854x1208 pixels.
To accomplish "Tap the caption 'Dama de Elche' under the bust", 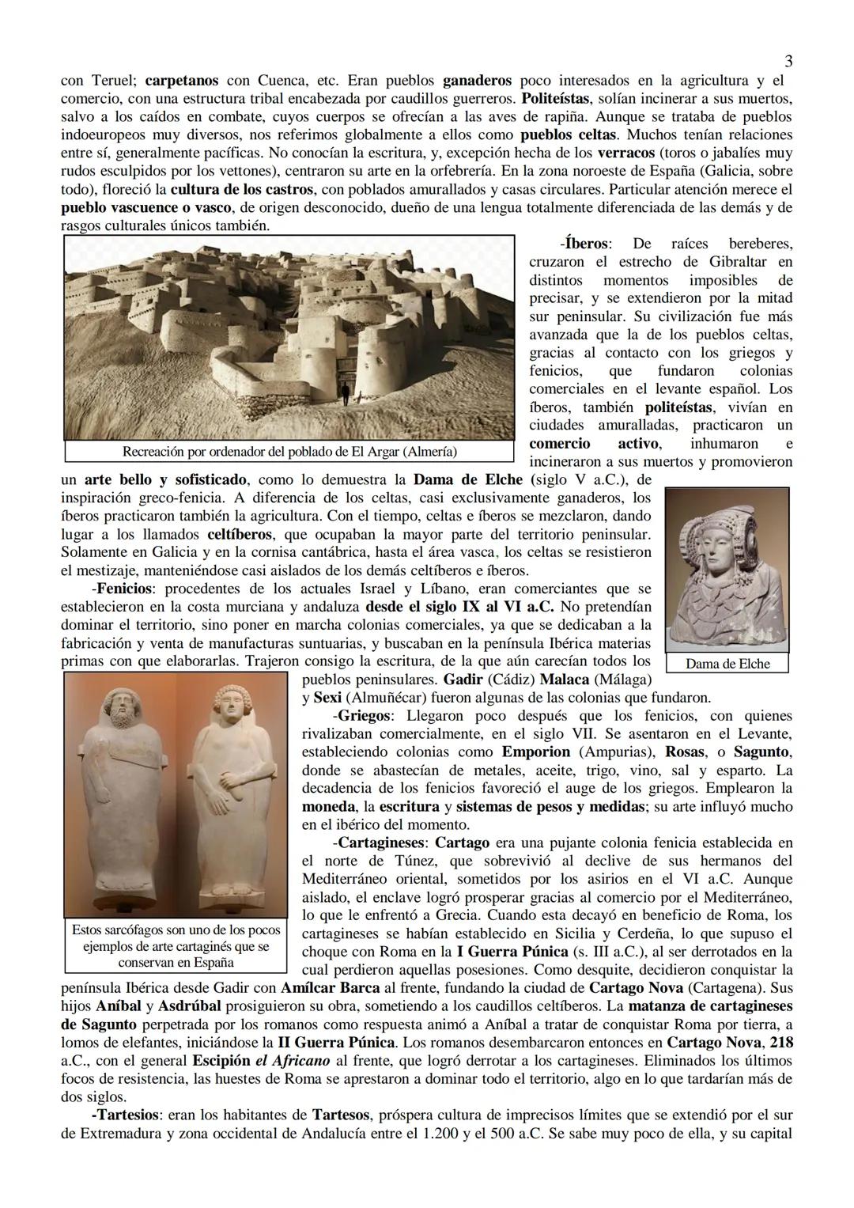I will coord(727,664).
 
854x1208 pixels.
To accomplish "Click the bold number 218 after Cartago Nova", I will coord(781,1043).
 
